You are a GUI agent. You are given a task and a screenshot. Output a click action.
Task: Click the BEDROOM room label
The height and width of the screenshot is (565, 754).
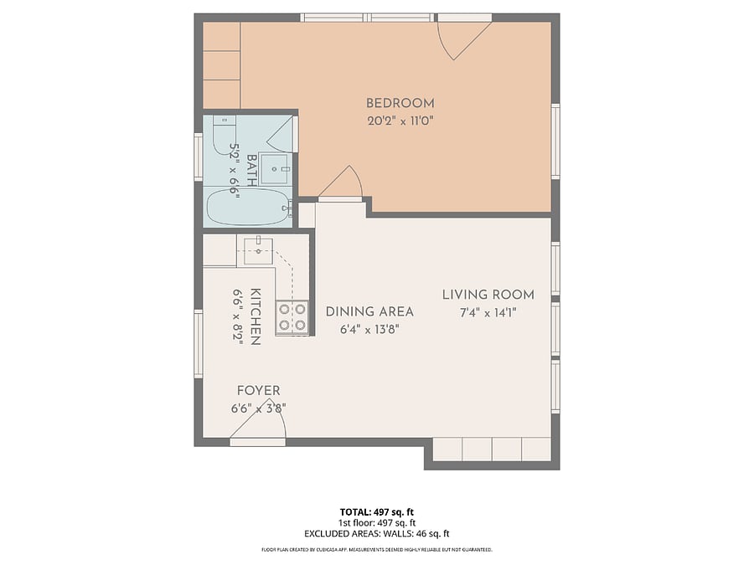click(400, 103)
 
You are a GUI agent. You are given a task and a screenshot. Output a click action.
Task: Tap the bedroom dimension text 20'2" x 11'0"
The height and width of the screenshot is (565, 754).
click(400, 121)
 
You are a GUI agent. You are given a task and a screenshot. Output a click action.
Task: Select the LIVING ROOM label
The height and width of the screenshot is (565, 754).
click(488, 295)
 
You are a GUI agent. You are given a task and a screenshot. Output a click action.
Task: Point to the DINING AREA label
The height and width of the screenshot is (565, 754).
click(369, 312)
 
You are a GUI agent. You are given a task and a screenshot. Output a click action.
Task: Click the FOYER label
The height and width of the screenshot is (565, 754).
click(258, 391)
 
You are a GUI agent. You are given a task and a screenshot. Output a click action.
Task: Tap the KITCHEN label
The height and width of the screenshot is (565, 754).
click(256, 317)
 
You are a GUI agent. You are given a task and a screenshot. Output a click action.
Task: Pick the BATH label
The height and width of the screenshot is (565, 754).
click(251, 170)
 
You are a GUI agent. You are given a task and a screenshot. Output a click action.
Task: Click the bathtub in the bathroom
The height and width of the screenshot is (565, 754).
click(248, 207)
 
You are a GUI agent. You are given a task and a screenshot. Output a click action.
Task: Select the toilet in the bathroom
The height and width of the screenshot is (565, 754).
click(224, 135)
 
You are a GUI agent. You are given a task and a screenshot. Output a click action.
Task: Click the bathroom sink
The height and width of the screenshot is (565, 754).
click(275, 168)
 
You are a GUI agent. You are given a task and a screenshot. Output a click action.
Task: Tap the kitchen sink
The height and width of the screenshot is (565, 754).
click(258, 251)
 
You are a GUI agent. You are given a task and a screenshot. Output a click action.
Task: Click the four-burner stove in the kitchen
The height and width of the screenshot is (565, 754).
click(292, 317)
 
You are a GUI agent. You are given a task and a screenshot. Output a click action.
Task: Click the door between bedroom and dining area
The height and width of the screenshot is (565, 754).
click(340, 184)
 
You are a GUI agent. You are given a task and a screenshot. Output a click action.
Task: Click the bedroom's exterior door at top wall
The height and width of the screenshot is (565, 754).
click(464, 38)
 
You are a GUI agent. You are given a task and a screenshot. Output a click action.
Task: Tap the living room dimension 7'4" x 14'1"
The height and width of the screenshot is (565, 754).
click(488, 313)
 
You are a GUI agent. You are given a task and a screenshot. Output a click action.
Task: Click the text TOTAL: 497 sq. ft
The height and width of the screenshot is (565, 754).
click(376, 512)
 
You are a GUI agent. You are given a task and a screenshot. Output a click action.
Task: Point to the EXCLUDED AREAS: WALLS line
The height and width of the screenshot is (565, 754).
click(376, 533)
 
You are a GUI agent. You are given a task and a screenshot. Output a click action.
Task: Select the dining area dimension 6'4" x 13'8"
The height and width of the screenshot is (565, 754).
click(369, 330)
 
